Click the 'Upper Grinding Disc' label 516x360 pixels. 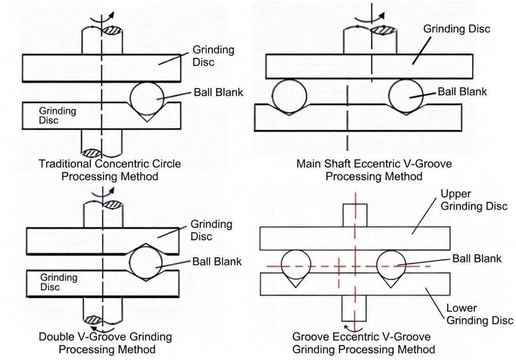point(474,200)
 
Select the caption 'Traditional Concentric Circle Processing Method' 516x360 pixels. point(109,170)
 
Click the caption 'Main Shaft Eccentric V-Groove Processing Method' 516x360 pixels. point(374,169)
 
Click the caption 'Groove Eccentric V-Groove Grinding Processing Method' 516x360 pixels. point(363,343)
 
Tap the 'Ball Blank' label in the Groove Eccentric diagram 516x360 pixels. point(477,259)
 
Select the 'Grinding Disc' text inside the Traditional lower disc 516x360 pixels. point(58,115)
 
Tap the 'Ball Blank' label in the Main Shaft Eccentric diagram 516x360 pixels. point(462,92)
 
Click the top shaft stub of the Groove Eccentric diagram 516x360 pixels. point(354,215)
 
